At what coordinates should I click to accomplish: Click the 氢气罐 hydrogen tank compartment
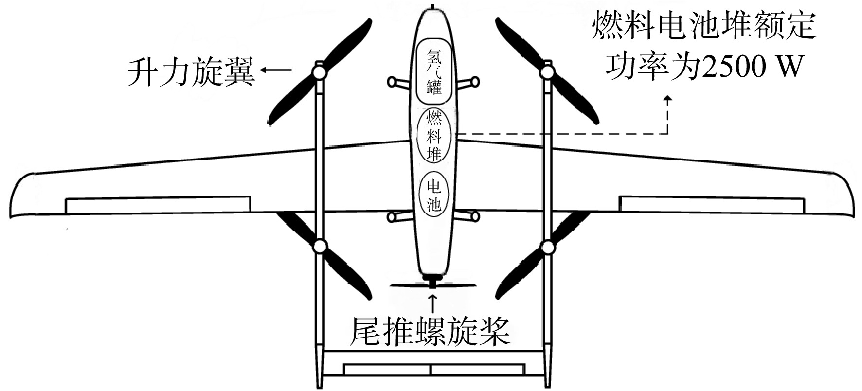434,72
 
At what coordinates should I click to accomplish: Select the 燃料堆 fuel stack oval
434,136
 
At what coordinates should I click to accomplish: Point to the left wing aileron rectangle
158,204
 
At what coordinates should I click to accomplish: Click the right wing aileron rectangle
712,204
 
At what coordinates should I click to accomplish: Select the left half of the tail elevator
387,370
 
